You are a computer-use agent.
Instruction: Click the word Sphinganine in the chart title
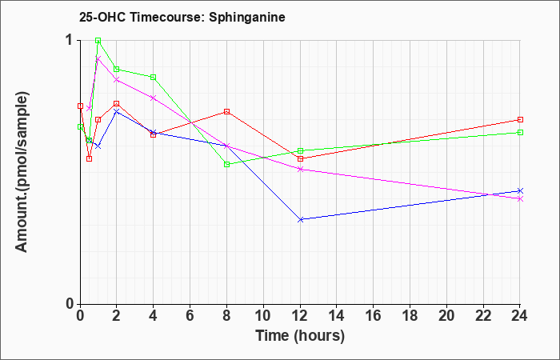click(246, 18)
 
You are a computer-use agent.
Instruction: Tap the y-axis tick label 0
click(70, 304)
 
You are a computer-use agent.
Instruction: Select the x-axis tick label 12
click(301, 316)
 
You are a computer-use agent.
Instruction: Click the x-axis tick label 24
click(519, 316)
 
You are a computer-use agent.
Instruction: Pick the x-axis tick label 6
click(190, 316)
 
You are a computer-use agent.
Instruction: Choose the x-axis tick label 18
click(410, 316)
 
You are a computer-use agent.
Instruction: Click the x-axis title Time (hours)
click(300, 336)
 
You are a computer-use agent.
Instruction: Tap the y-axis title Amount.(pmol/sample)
click(22, 172)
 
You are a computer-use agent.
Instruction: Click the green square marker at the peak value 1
click(98, 41)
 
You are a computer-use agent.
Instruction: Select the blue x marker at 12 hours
click(301, 220)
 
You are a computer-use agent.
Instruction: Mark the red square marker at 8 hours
click(226, 111)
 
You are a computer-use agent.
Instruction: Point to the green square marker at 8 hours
click(226, 164)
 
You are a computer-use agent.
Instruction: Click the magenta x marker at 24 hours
click(520, 199)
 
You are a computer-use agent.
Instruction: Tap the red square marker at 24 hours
click(520, 120)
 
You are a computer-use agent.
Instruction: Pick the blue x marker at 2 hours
click(117, 111)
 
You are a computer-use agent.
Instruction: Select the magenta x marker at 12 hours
click(301, 170)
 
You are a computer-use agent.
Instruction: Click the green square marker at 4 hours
click(154, 77)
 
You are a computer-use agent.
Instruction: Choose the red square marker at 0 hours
click(80, 106)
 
